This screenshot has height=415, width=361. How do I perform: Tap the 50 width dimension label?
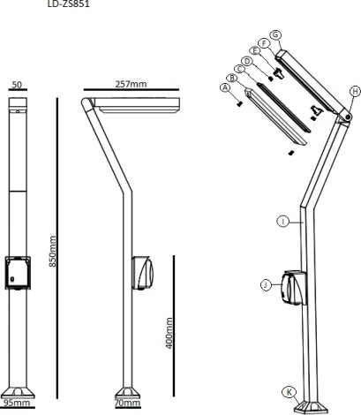coord(18,87)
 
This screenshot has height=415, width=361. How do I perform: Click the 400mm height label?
coord(168,332)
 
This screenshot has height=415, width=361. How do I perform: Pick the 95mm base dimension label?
coord(16,403)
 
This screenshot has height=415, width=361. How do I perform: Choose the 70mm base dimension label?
coord(129,403)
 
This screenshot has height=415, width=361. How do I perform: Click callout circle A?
coord(226,88)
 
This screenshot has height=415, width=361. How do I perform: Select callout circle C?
coord(239,68)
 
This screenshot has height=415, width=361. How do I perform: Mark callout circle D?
coord(248,60)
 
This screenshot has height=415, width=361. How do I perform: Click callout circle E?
coord(257,51)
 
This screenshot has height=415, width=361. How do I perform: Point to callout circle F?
coord(266,42)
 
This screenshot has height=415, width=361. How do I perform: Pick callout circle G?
coord(276,34)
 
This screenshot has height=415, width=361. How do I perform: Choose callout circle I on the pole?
coord(282,222)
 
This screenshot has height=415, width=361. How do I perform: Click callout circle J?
coord(266,283)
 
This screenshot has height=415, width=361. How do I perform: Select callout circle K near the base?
coord(288,391)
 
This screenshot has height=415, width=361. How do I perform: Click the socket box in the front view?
coord(18,273)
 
